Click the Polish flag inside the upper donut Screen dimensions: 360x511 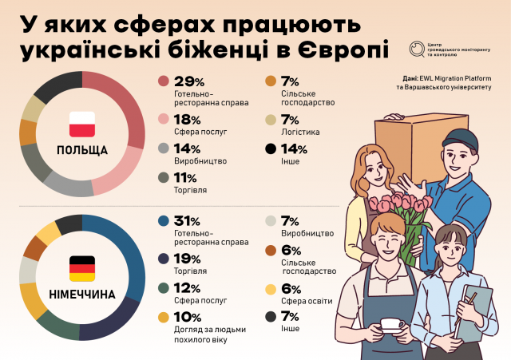point(81,125)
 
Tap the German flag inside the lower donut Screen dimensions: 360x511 point(81,268)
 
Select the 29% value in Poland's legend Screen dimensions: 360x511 point(188,82)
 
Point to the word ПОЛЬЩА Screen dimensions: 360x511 point(81,149)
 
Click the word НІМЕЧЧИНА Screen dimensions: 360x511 point(81,294)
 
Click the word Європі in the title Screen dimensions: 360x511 point(344,50)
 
